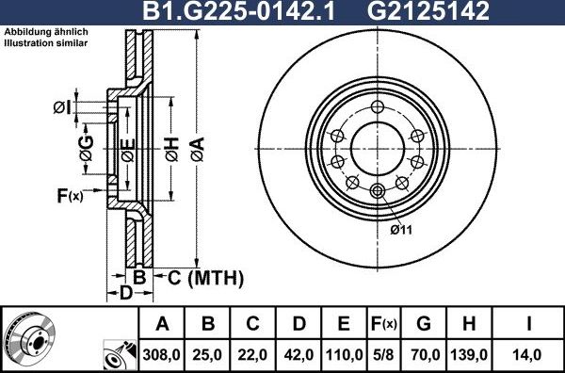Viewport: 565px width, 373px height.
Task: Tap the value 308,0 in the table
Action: [x=162, y=354]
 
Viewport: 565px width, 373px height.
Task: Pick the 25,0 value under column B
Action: [x=209, y=354]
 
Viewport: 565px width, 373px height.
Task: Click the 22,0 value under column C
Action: [x=253, y=354]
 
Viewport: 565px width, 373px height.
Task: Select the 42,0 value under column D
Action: [x=299, y=354]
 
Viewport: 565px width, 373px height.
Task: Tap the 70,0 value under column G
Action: [x=424, y=354]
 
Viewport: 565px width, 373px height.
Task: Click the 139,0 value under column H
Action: [x=469, y=354]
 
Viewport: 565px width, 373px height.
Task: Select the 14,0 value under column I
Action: [x=529, y=354]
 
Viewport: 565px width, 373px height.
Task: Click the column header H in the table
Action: [x=469, y=325]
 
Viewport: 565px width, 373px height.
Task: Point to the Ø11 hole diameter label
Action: [x=402, y=229]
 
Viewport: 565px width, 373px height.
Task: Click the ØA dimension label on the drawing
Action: [x=196, y=146]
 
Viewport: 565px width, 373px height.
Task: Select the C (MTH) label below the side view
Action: [x=205, y=278]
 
